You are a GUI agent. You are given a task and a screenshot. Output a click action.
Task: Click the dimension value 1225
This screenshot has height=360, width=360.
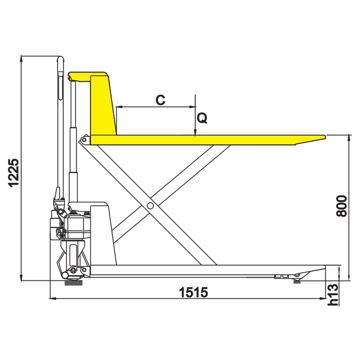click(x=14, y=172)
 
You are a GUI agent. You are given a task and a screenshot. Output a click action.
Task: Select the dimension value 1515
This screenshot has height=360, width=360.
click(x=193, y=292)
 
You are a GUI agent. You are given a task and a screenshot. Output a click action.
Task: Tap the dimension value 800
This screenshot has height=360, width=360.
click(x=342, y=206)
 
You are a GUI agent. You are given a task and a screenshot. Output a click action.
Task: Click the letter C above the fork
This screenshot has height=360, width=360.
click(x=160, y=100)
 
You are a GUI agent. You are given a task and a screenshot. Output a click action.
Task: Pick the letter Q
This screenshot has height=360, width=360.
click(x=202, y=118)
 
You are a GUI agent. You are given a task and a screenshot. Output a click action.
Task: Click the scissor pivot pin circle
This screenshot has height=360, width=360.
click(x=149, y=206)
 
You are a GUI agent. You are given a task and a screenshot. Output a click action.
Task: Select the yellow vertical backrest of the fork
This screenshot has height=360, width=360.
click(x=102, y=106)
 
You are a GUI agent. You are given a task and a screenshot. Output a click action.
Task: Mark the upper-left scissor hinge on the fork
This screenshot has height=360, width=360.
click(x=84, y=140)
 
